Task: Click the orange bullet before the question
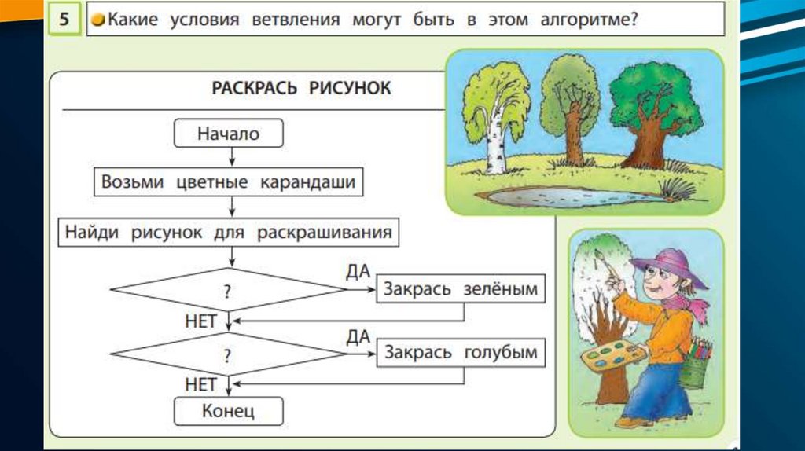coord(97,21)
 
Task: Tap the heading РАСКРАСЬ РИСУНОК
coord(301,87)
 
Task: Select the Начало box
coord(228,134)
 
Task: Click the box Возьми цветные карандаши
coord(229,182)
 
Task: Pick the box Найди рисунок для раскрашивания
coord(229,233)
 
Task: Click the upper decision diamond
coord(227,290)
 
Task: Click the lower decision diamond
coord(227,354)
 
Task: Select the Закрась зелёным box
coord(461,289)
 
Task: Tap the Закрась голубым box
coord(461,352)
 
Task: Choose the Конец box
coord(229,409)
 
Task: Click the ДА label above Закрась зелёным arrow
coord(358,273)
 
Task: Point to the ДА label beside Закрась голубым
coord(358,337)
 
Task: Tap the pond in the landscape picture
coord(566,196)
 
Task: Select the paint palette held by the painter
coord(614,357)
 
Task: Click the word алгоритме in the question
coord(576,20)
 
